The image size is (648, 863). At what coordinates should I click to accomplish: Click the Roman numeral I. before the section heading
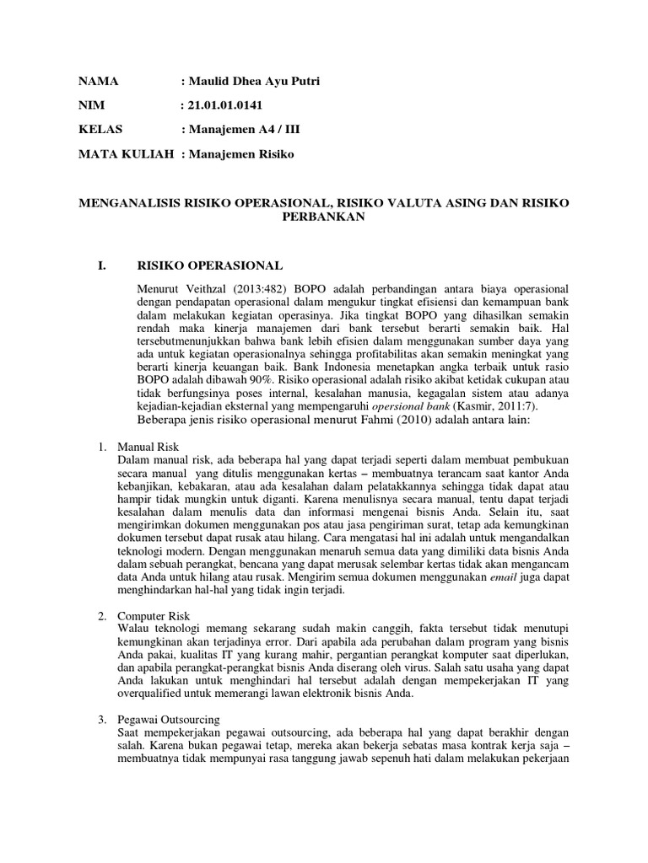(102, 265)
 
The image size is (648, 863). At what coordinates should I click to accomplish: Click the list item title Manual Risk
(148, 446)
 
